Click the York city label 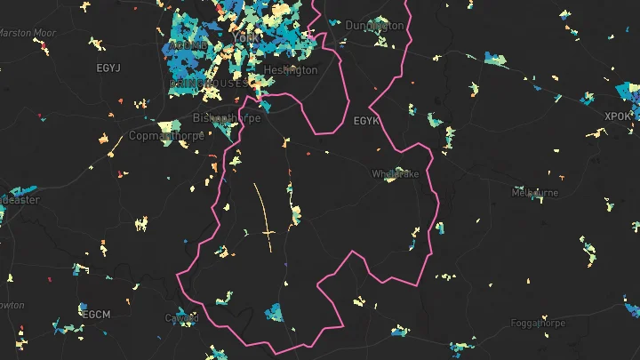pos(244,38)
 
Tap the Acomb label pos(188,44)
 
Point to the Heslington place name pos(290,70)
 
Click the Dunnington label pos(373,26)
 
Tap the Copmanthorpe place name pos(166,136)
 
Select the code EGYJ pos(108,68)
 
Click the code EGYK pos(366,120)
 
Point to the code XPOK pos(617,116)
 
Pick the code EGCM pos(95,315)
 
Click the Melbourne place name pos(535,193)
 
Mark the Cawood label pos(181,317)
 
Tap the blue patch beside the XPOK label pos(628,93)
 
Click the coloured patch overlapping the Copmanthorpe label pos(166,127)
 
